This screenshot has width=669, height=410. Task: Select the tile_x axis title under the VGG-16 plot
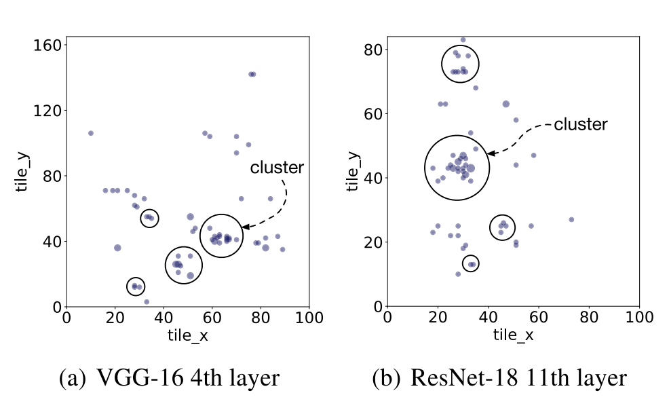(187, 335)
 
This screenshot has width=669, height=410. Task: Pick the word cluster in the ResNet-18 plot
(581, 124)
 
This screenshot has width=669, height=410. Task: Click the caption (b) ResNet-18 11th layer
(499, 379)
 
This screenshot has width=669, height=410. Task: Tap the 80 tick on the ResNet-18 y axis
(372, 50)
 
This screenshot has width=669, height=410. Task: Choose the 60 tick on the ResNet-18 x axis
(539, 317)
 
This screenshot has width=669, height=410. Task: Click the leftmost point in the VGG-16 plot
(91, 133)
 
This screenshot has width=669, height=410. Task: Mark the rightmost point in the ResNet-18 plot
(571, 219)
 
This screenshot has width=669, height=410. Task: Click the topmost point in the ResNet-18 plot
(463, 39)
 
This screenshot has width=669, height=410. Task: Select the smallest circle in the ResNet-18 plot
(470, 264)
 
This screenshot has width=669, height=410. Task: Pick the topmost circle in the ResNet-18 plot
(459, 64)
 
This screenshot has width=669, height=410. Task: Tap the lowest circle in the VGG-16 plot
(136, 286)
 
